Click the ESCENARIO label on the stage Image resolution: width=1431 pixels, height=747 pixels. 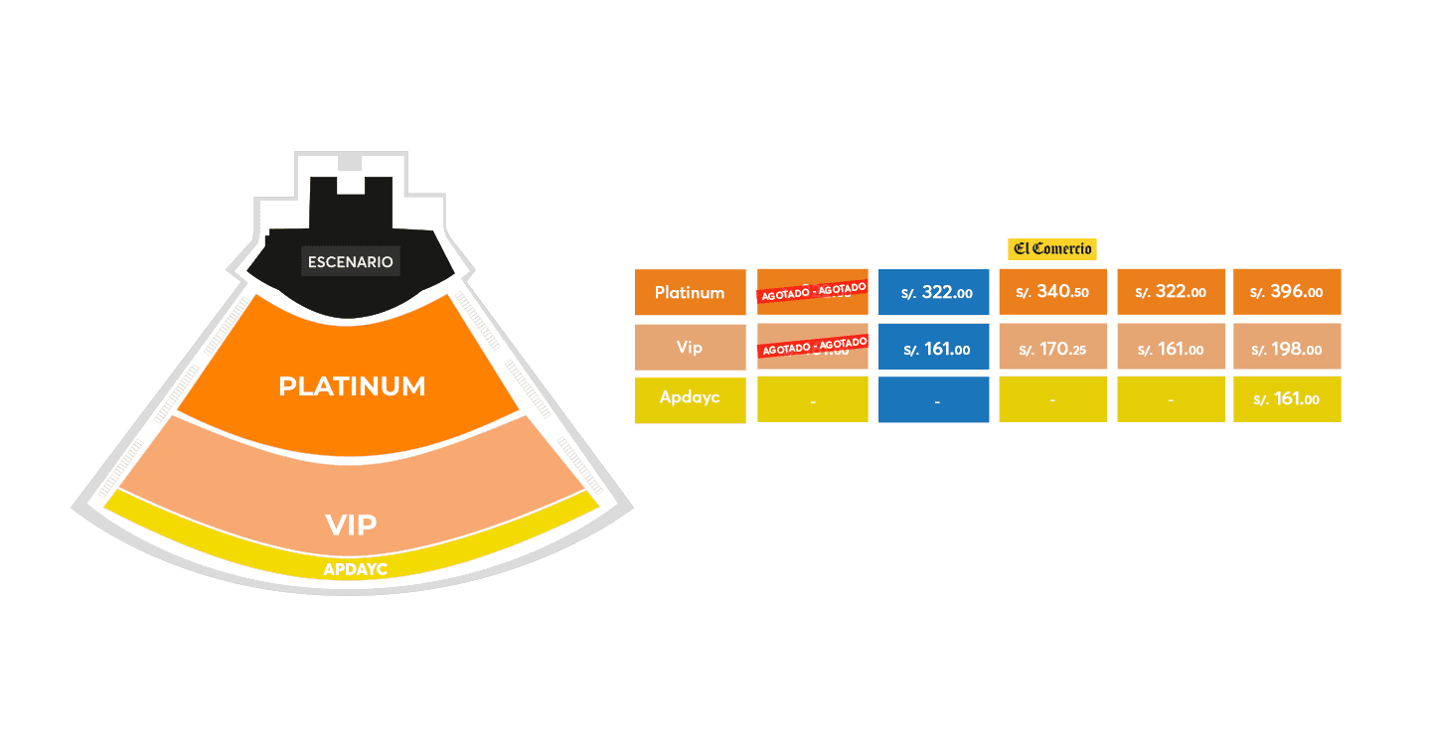tap(351, 262)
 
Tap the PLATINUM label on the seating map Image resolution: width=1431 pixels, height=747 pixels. tap(352, 385)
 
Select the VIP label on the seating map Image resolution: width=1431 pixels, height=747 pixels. tap(352, 524)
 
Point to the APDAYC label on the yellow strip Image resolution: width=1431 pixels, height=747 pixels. tap(355, 570)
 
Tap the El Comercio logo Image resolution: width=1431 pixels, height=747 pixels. tap(1051, 249)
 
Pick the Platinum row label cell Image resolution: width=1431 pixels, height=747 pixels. tap(690, 293)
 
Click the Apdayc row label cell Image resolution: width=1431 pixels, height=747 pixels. tap(690, 397)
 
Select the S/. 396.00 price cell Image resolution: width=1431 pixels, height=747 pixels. tap(1287, 293)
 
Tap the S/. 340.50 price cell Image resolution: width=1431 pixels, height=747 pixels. tap(1052, 293)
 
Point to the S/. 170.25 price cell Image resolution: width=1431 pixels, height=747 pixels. tap(1052, 349)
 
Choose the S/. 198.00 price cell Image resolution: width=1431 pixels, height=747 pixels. tap(1287, 349)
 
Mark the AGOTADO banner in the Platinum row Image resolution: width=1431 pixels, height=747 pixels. tap(812, 292)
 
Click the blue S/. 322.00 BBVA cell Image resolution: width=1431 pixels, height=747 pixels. tap(934, 293)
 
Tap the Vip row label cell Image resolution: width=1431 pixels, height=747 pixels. tap(690, 348)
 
